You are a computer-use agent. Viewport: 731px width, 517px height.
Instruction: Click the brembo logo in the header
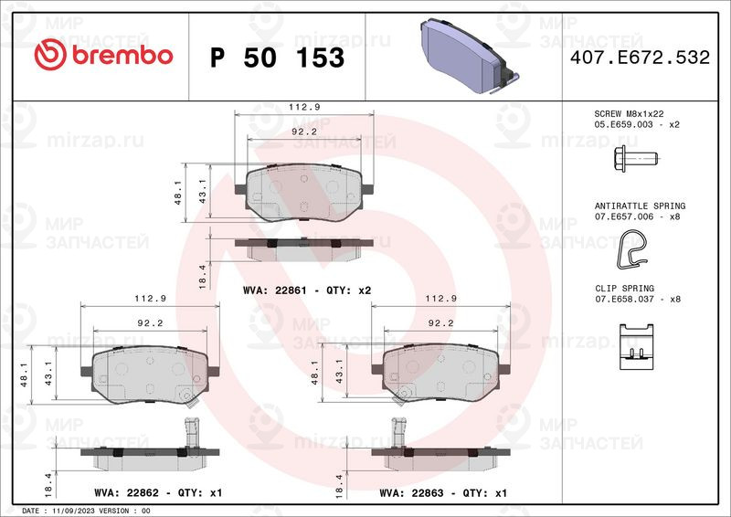point(103,55)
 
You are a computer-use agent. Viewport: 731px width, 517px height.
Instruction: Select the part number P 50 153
point(278,58)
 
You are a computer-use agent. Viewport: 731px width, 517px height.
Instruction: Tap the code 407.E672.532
point(640,58)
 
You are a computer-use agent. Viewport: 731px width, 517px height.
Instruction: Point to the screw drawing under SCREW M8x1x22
point(635,159)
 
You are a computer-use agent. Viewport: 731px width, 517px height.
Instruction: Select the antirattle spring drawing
point(631,249)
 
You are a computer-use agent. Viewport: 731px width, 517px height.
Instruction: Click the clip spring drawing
point(636,346)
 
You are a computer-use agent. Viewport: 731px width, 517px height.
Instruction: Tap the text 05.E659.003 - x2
point(637,124)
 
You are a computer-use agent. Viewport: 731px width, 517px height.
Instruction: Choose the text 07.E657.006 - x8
point(637,216)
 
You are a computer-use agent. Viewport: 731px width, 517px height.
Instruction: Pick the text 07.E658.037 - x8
point(638,299)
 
